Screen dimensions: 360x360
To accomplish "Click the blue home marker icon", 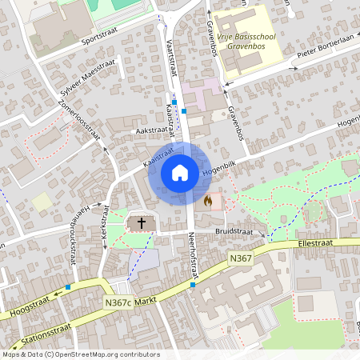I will pos(179,173).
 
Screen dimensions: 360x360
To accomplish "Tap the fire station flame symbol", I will pos(209,200).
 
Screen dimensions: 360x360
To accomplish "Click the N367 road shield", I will pos(240,258).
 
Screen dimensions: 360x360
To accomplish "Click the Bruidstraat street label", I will pos(234,232).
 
